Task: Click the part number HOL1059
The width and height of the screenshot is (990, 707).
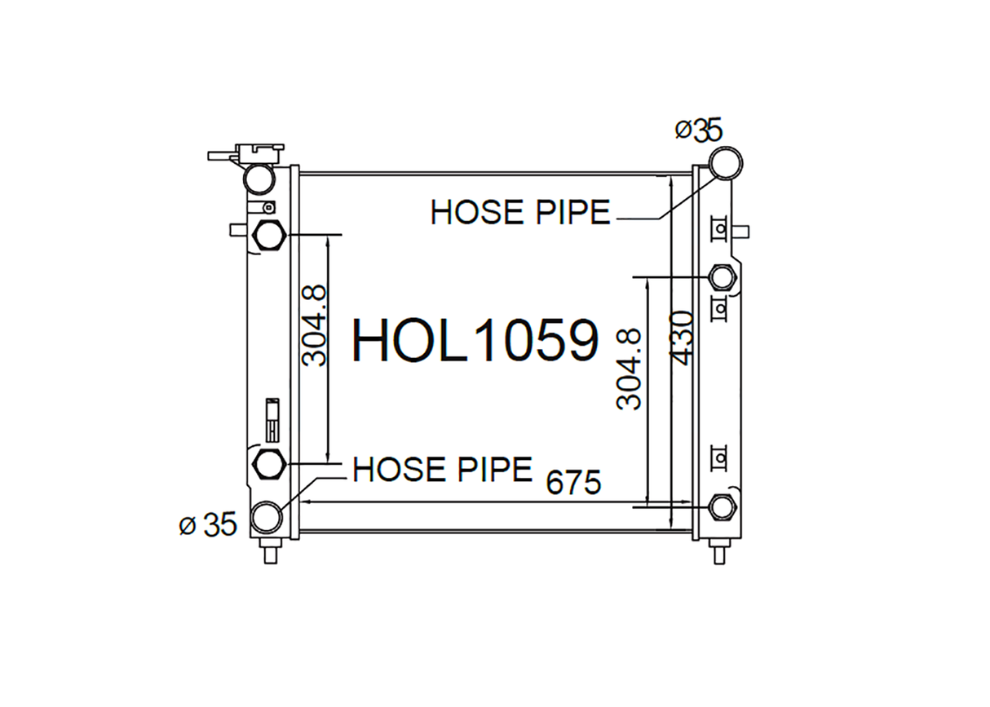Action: point(475,341)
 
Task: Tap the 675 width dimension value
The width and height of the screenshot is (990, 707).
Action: point(573,483)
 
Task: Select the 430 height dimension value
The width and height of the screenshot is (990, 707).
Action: point(680,338)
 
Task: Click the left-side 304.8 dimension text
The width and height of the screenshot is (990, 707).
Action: point(314,326)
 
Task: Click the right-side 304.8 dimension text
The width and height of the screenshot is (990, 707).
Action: point(628,369)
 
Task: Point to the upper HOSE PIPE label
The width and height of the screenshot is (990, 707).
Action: point(520,213)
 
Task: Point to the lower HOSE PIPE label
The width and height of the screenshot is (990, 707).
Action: point(443,469)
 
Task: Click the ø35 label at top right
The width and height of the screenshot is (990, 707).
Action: point(698,130)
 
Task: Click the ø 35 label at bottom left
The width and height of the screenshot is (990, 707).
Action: point(208,524)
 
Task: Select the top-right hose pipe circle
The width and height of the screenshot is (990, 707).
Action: point(726,163)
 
